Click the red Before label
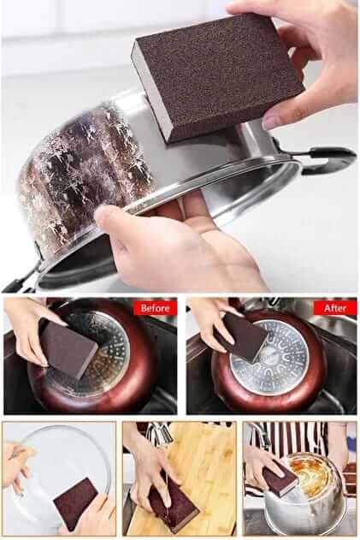tap(155, 307)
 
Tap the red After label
tap(335, 307)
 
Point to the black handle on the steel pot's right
tap(327, 159)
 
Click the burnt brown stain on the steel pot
tap(86, 172)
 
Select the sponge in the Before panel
tap(68, 349)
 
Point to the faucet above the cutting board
tap(159, 435)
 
